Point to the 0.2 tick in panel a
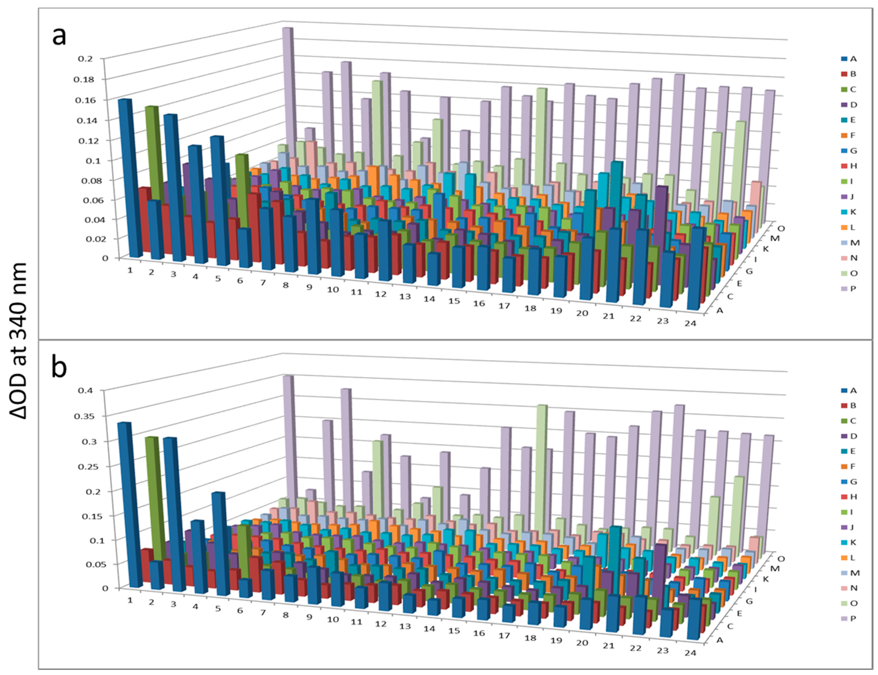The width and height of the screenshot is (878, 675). (85, 59)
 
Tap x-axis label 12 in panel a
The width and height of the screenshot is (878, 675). (381, 294)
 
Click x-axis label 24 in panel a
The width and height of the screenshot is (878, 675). (690, 323)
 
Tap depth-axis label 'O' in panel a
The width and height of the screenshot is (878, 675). (781, 228)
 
